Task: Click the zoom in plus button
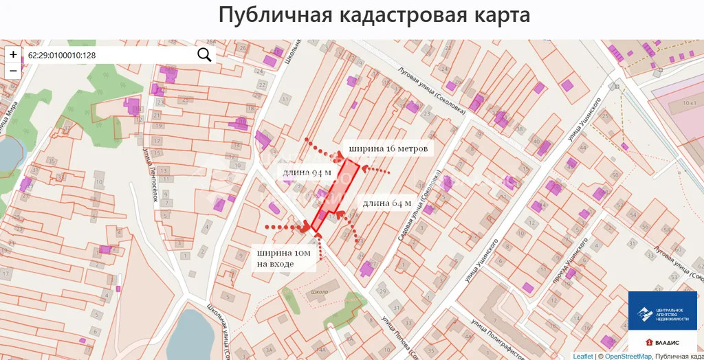coord(13,54)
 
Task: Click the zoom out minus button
coord(13,71)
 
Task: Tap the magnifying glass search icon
coord(204,55)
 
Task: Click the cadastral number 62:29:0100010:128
coord(62,55)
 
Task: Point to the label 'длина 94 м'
coord(303,170)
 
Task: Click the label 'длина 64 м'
coord(387,203)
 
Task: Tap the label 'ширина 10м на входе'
coord(284,258)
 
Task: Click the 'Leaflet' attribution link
coord(582,356)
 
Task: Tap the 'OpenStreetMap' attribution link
coord(627,356)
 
